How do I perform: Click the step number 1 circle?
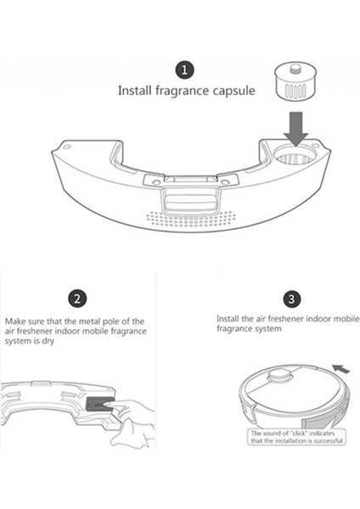pyautogui.click(x=185, y=70)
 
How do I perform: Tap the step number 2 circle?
pyautogui.click(x=77, y=299)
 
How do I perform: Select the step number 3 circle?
pyautogui.click(x=291, y=299)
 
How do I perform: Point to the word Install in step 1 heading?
pyautogui.click(x=134, y=90)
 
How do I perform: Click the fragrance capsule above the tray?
pyautogui.click(x=295, y=83)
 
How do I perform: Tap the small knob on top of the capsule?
pyautogui.click(x=295, y=68)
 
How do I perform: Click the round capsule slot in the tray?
pyautogui.click(x=295, y=154)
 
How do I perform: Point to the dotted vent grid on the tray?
pyautogui.click(x=189, y=219)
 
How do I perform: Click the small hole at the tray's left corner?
pyautogui.click(x=67, y=147)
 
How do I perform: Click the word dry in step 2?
pyautogui.click(x=48, y=342)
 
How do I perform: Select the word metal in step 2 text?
pyautogui.click(x=90, y=322)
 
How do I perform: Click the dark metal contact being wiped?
pyautogui.click(x=98, y=404)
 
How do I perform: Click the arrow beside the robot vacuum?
pyautogui.click(x=340, y=369)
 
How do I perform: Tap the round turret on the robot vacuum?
pyautogui.click(x=280, y=375)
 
